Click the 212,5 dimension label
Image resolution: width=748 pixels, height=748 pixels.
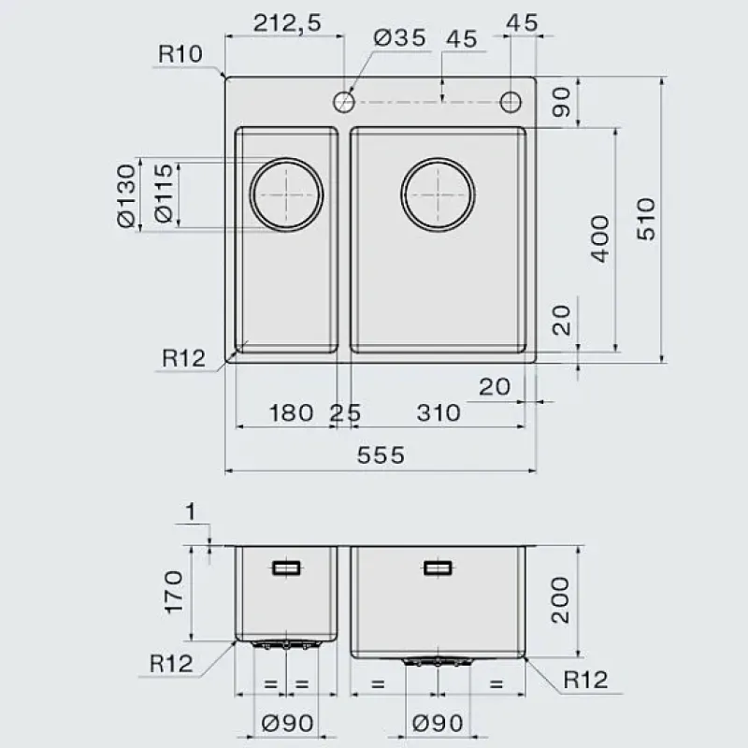(x=287, y=22)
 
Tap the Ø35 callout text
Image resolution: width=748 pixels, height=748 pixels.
(x=400, y=37)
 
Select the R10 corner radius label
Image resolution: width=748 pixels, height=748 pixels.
(x=180, y=54)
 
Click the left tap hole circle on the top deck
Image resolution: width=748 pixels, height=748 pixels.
(x=343, y=102)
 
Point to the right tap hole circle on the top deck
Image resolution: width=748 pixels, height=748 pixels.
(x=511, y=102)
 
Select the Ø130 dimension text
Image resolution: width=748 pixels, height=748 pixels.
(x=126, y=195)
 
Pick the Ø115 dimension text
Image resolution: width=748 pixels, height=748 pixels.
(x=164, y=193)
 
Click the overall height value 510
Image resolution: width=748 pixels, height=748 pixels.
(x=647, y=219)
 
